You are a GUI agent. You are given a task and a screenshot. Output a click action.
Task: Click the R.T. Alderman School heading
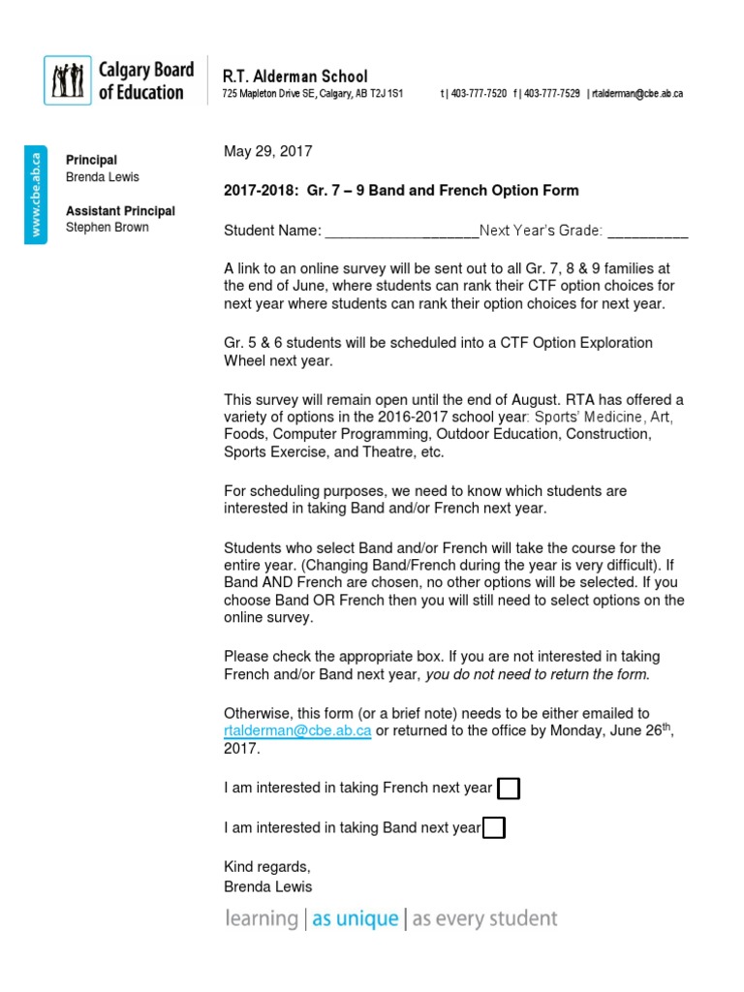(294, 76)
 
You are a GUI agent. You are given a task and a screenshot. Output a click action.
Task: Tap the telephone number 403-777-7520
(476, 94)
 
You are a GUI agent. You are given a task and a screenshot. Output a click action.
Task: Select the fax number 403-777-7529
(549, 94)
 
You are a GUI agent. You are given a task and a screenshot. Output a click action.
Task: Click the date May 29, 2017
(268, 151)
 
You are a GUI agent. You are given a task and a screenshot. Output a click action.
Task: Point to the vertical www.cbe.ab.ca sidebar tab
(35, 193)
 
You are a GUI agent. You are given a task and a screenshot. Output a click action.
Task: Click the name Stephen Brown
(107, 228)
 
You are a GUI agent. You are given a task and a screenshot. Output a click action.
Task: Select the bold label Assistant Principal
(120, 211)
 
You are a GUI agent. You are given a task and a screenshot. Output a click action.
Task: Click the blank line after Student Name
(401, 232)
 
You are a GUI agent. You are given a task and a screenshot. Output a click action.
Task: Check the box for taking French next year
(508, 789)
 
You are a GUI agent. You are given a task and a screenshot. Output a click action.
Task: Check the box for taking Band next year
(493, 827)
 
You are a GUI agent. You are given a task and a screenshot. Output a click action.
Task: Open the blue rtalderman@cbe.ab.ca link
(297, 730)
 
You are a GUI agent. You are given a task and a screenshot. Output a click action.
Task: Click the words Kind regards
(267, 866)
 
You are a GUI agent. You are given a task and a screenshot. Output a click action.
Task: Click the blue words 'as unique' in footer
(355, 918)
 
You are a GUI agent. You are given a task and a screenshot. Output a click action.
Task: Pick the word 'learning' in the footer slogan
(261, 918)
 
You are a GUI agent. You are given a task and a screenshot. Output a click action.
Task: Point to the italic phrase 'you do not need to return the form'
(538, 674)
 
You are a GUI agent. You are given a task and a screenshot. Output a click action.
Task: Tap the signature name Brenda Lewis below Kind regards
(268, 885)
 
